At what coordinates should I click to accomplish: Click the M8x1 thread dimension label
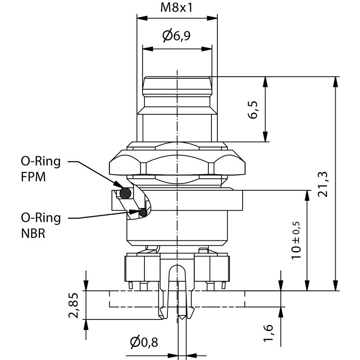coord(177,8)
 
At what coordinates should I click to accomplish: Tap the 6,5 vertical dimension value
coord(253,109)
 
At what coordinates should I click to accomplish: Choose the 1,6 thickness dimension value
coord(269,333)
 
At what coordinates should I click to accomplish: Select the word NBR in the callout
coord(33,234)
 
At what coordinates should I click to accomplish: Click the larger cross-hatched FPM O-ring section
coord(126,193)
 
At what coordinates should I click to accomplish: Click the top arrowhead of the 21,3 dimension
coord(336,81)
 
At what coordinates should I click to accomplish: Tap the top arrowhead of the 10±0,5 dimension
coord(308,194)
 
